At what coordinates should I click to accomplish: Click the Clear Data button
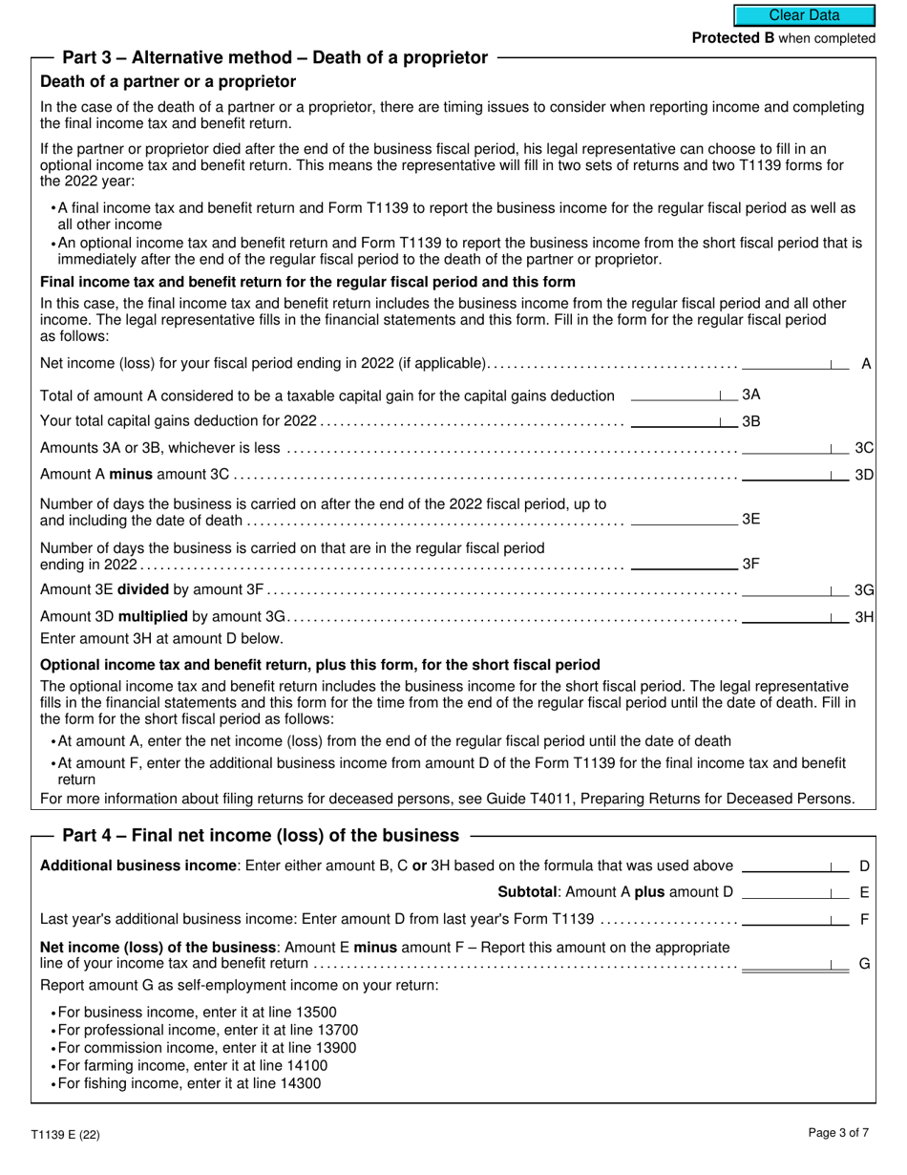pos(804,15)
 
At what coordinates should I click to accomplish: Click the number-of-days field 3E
pos(684,518)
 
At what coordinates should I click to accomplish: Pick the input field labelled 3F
pos(684,563)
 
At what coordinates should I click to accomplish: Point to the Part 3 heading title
pos(275,57)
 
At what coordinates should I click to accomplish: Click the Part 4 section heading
pos(261,835)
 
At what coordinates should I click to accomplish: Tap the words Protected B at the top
pos(733,38)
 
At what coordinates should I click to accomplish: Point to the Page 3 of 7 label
pos(838,1134)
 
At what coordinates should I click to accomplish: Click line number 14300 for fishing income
pos(300,1083)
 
